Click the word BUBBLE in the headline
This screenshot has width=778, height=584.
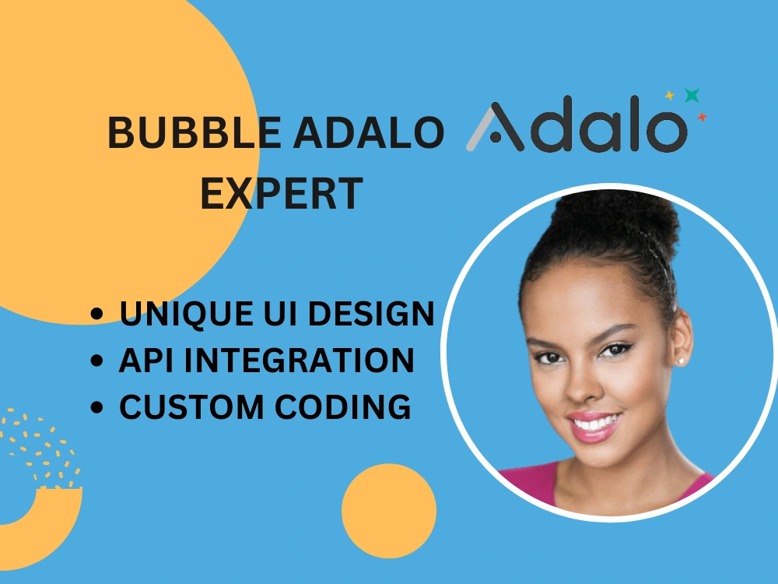pos(194,132)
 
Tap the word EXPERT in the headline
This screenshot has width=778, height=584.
pos(282,193)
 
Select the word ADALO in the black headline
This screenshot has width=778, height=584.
pos(368,132)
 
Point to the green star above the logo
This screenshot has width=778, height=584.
pos(692,95)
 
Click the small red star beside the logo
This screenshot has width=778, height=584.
pos(702,118)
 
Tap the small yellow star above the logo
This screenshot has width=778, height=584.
pos(670,95)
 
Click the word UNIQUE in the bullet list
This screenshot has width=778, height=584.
pos(187,315)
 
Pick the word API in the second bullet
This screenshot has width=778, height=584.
pos(146,360)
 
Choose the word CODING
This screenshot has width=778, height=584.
pos(343,406)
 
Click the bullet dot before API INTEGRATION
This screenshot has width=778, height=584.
pos(97,361)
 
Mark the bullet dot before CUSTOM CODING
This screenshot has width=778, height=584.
pos(97,407)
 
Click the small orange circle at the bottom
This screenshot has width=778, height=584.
pos(389,511)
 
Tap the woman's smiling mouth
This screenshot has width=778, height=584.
pos(594,426)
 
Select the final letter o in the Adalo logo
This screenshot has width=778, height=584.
pos(667,131)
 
